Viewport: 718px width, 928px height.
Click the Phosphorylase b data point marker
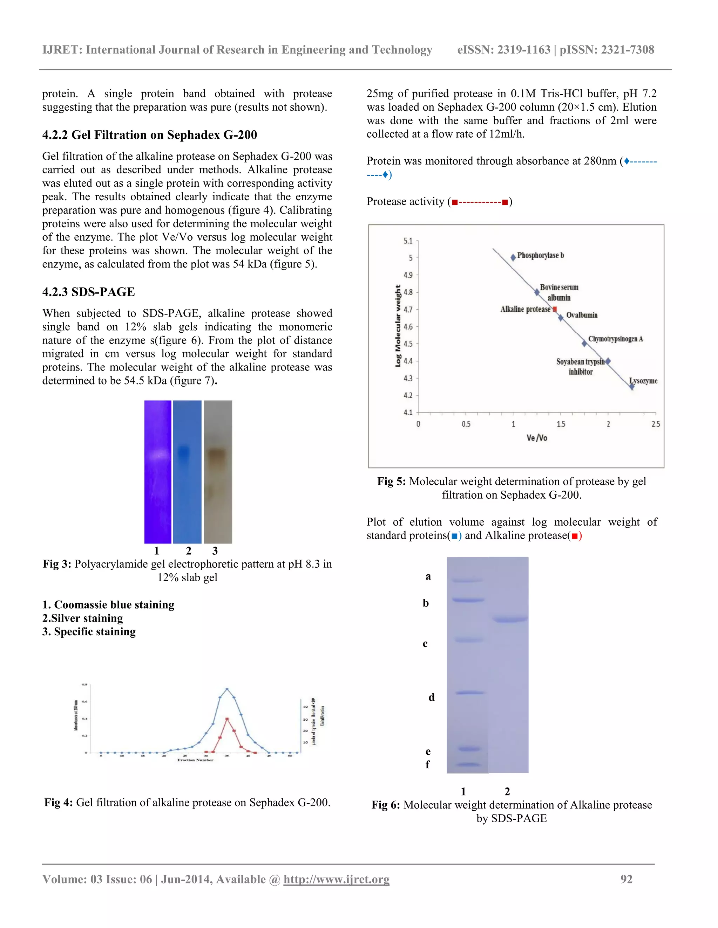click(x=513, y=257)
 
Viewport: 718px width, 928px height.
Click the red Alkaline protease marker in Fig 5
click(x=555, y=309)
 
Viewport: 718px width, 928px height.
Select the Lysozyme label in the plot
click(x=643, y=381)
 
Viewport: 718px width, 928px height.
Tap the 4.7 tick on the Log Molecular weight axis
click(x=408, y=309)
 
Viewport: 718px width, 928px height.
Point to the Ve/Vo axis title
click(x=536, y=438)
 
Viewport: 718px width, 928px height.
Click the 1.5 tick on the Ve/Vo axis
click(x=561, y=424)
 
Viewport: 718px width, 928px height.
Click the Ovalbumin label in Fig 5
click(x=582, y=315)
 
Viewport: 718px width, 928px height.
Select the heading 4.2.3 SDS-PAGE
click(x=88, y=292)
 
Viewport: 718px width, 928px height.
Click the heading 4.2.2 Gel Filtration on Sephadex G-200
click(x=149, y=135)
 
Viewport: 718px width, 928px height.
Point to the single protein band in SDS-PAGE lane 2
click(x=509, y=619)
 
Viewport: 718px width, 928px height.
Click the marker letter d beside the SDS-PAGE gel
click(x=431, y=697)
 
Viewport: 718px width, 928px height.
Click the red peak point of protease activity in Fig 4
click(x=227, y=719)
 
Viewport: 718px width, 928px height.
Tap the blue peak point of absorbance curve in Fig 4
click(x=227, y=689)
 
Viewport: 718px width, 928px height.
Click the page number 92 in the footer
click(x=626, y=879)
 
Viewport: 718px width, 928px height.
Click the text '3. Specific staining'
click(x=89, y=631)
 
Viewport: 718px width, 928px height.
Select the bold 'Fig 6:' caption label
click(x=385, y=805)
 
